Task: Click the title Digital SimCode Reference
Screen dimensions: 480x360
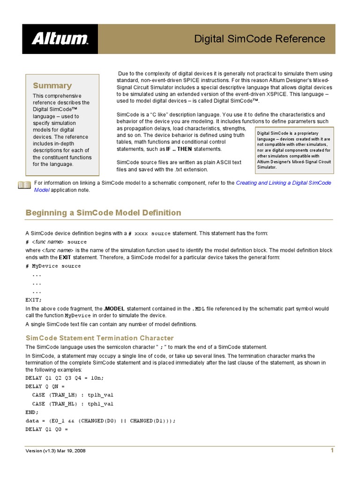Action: coord(259,38)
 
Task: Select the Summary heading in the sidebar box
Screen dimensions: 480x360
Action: coord(52,85)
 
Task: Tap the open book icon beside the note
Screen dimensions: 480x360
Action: coord(24,185)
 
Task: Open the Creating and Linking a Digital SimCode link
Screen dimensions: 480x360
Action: coord(283,183)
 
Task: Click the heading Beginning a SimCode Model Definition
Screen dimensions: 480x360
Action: coord(103,213)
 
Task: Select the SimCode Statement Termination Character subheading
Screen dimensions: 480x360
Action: coord(99,338)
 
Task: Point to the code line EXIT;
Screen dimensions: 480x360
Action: coord(33,300)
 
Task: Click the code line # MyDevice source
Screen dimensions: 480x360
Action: coord(53,266)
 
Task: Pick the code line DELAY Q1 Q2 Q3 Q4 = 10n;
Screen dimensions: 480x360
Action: coord(65,377)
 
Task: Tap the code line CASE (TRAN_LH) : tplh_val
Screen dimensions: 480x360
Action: coord(73,395)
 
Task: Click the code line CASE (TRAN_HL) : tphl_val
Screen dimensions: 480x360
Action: coord(73,404)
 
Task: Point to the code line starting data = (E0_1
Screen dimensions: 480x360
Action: coord(100,420)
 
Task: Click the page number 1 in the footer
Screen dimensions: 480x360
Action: coord(332,450)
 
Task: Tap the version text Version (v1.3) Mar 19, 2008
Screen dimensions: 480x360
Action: coord(55,451)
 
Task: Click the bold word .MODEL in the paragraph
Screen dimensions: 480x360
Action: coord(114,309)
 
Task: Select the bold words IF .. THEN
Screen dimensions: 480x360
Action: coord(179,149)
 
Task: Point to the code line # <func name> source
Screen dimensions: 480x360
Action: coord(56,242)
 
